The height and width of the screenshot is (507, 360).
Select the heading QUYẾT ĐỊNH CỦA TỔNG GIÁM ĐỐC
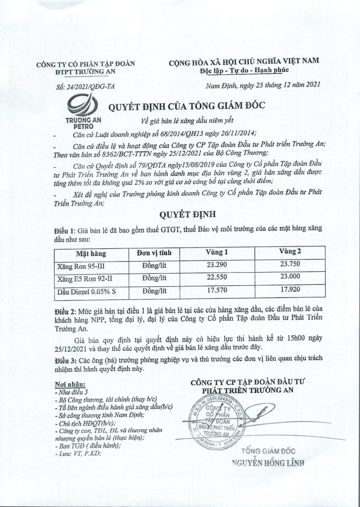187,107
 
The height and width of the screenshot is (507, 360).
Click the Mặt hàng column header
91,253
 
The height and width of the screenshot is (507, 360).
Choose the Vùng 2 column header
290,251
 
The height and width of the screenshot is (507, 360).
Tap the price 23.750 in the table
290,264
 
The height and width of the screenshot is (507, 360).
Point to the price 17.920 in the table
290,289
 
